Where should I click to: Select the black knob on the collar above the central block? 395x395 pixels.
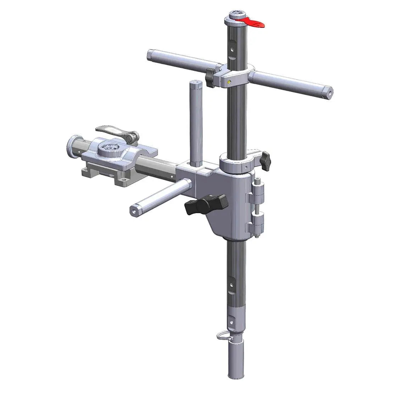click(265, 160)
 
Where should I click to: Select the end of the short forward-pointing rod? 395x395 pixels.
click(134, 210)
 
